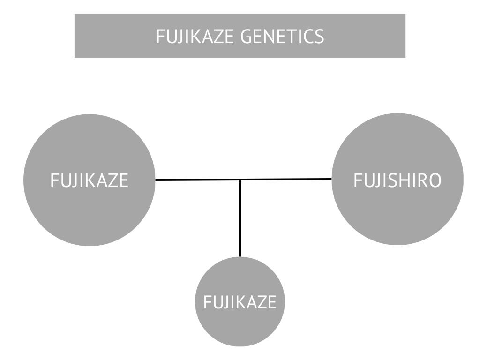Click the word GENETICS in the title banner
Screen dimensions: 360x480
(x=282, y=36)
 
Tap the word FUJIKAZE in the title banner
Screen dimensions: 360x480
(x=195, y=36)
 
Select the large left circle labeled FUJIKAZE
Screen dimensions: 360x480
(x=89, y=211)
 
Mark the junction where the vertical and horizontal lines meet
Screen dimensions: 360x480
(x=240, y=180)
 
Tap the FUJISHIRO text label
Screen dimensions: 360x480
(x=397, y=180)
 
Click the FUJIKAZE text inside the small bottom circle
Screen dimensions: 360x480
(x=240, y=302)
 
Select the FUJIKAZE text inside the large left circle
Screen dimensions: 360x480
(x=89, y=180)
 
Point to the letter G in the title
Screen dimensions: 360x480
(x=247, y=36)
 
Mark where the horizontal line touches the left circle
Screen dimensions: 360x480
(x=155, y=180)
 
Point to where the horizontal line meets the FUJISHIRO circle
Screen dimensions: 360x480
(x=331, y=179)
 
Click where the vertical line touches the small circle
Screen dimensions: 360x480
(x=240, y=257)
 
